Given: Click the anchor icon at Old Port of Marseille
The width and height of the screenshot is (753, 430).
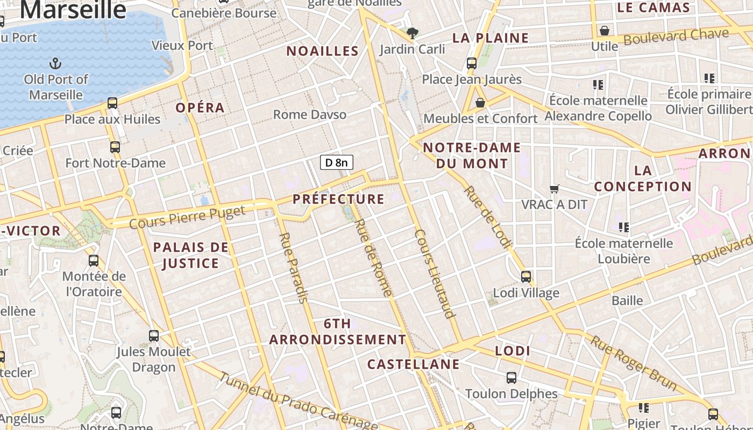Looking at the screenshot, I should click(55, 64).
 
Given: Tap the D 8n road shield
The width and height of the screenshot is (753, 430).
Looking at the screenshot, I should click(337, 162).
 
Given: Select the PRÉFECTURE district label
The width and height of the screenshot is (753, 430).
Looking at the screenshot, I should click(339, 199).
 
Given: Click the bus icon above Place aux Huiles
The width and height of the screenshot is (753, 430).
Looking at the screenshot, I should click(112, 103).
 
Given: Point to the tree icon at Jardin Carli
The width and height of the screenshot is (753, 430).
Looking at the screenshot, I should click(413, 33).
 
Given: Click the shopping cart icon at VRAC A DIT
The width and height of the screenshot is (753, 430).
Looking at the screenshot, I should click(555, 189).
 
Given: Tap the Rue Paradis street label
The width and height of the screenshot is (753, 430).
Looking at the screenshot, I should click(294, 268).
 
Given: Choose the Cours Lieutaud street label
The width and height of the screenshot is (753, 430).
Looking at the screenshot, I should click(435, 274).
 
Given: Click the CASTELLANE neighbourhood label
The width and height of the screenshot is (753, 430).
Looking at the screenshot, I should click(413, 364).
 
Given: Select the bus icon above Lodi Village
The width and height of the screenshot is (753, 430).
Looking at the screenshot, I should click(526, 277).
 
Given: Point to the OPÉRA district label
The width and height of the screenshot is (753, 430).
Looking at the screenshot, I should click(200, 107).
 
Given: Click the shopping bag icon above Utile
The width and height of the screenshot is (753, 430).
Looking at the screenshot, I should click(605, 31).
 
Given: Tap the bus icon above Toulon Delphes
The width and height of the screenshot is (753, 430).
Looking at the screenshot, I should click(512, 377).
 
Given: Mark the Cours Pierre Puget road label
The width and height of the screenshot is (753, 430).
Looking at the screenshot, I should click(187, 216).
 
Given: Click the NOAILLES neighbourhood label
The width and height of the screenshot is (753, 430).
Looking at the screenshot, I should click(322, 51).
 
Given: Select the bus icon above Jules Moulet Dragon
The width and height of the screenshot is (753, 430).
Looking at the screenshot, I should click(154, 336).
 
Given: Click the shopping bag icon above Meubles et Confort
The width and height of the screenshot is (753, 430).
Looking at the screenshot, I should click(480, 102).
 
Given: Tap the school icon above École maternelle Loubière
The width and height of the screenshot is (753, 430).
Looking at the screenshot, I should click(624, 227).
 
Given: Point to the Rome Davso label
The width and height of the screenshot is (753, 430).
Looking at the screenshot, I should click(310, 114).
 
